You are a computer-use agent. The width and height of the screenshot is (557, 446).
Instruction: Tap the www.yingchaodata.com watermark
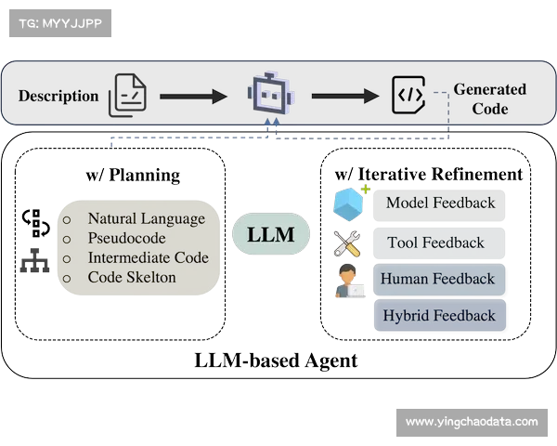pos(472,422)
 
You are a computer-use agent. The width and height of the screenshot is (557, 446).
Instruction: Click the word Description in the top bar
pos(58,96)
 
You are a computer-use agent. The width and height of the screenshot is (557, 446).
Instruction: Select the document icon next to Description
pos(127,96)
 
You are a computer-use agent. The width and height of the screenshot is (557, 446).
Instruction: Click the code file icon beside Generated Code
pos(409,95)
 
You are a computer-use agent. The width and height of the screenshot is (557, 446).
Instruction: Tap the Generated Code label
pos(489,98)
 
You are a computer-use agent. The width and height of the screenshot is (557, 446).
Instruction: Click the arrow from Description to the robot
pos(193,96)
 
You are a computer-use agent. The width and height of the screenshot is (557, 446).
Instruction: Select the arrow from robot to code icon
pos(344,96)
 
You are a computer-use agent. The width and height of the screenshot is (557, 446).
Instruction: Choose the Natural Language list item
pos(146,219)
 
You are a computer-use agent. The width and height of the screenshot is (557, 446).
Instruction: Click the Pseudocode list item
pos(126,239)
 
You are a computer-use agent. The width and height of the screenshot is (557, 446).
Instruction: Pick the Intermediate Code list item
pos(148,258)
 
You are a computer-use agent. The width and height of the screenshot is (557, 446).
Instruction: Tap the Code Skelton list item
pos(131,277)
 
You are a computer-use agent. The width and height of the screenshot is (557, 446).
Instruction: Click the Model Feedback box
pos(440,203)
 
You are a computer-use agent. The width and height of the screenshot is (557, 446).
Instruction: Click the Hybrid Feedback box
pos(440,316)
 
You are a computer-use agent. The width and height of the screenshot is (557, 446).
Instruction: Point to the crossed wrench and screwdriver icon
pos(349,243)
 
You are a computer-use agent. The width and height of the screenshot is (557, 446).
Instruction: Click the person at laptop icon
pos(350,281)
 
